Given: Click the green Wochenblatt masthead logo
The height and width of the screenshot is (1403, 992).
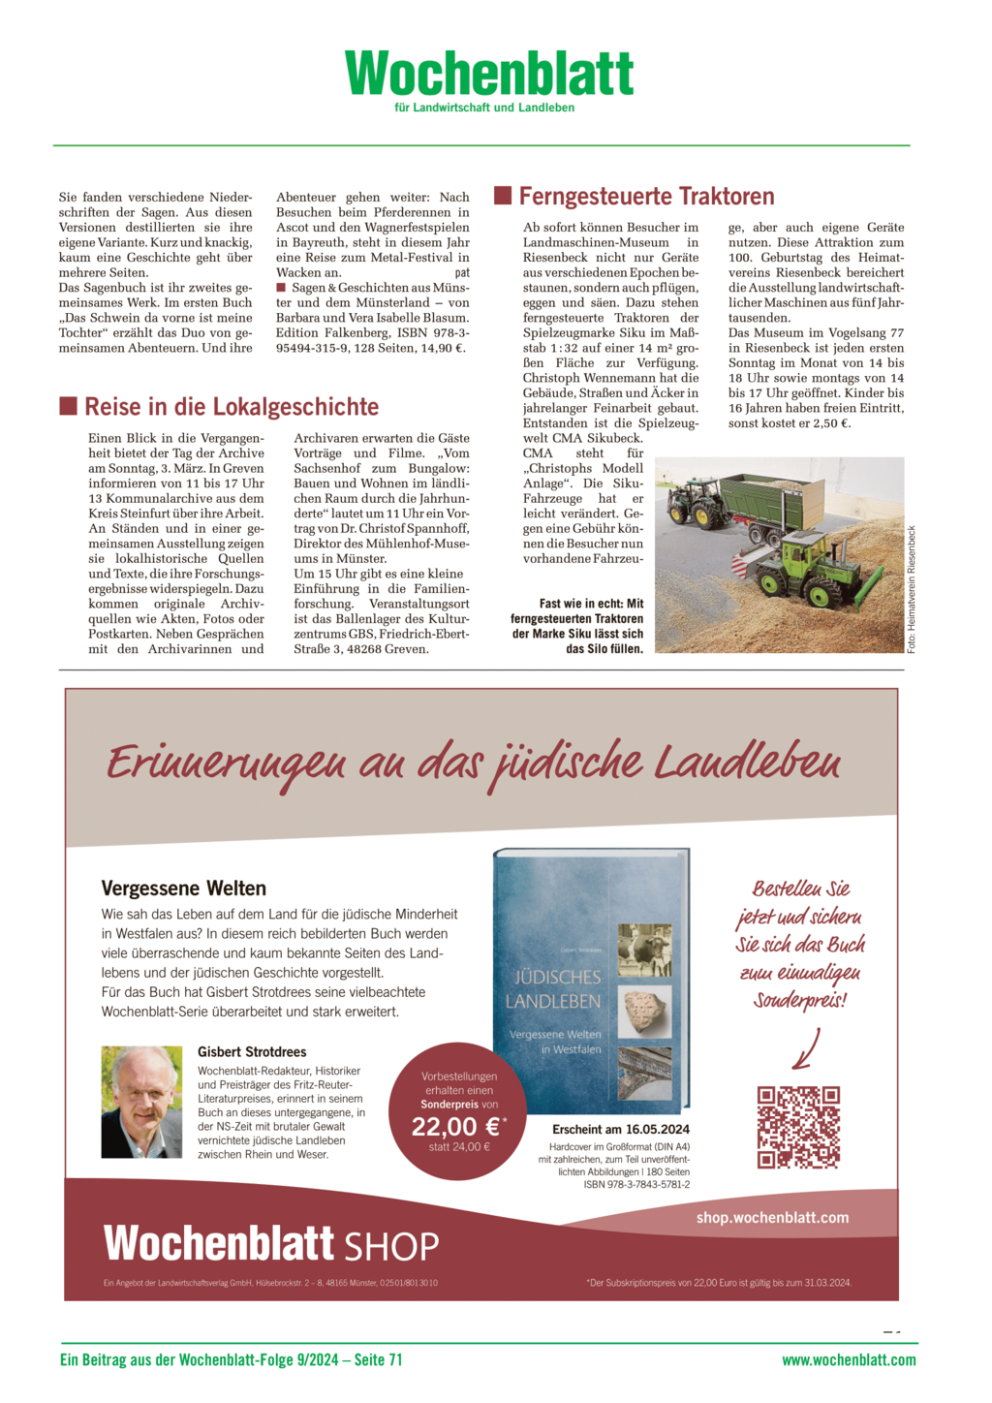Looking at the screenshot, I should (489, 73).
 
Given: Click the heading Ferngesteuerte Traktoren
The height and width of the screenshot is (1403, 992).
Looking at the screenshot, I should (646, 197).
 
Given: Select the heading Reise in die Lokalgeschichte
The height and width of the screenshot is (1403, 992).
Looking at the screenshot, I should (232, 407).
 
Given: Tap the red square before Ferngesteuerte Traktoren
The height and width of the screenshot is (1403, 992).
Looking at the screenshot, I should (503, 196).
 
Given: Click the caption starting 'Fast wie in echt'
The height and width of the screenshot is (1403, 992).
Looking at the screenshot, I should (578, 626).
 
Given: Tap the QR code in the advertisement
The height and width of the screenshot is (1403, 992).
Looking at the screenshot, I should (798, 1127).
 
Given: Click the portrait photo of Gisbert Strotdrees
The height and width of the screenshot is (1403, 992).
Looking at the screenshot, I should (141, 1102).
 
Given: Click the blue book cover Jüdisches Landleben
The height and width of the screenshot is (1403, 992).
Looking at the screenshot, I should (591, 982).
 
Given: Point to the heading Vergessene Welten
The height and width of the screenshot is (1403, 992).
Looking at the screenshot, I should (183, 889).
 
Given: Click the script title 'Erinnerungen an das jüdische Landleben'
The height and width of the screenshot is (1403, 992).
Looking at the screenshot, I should (474, 763).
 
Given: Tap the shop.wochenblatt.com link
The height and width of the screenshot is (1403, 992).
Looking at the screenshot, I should (772, 1218).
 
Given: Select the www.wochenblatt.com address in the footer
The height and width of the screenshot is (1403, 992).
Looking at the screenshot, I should (849, 1360).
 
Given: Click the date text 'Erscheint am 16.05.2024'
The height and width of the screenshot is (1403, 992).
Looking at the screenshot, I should (621, 1130).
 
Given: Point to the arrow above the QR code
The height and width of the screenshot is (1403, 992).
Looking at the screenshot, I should (806, 1049).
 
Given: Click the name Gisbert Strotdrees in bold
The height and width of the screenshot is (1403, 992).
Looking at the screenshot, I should (252, 1052).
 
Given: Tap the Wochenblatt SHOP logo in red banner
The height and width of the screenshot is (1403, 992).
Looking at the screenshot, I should (271, 1244).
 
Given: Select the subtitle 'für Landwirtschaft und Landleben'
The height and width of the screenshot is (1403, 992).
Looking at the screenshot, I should (484, 108).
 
